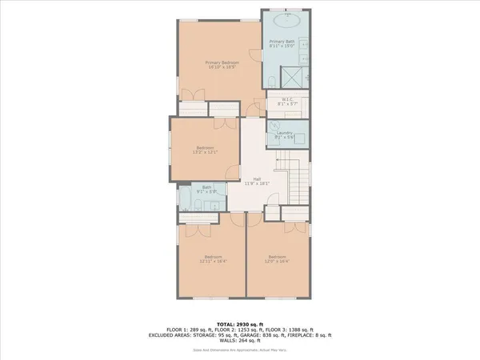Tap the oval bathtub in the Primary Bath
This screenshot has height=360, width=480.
(286, 23)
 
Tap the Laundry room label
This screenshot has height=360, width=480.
(286, 134)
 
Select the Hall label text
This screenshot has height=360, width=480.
(257, 180)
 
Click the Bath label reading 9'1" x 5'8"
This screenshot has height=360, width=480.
(206, 190)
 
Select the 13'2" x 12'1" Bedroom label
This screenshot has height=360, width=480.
(205, 150)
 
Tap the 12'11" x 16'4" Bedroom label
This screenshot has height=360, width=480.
(212, 258)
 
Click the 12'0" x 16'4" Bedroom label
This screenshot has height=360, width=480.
(277, 258)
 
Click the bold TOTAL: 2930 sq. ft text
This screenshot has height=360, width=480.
(239, 318)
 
